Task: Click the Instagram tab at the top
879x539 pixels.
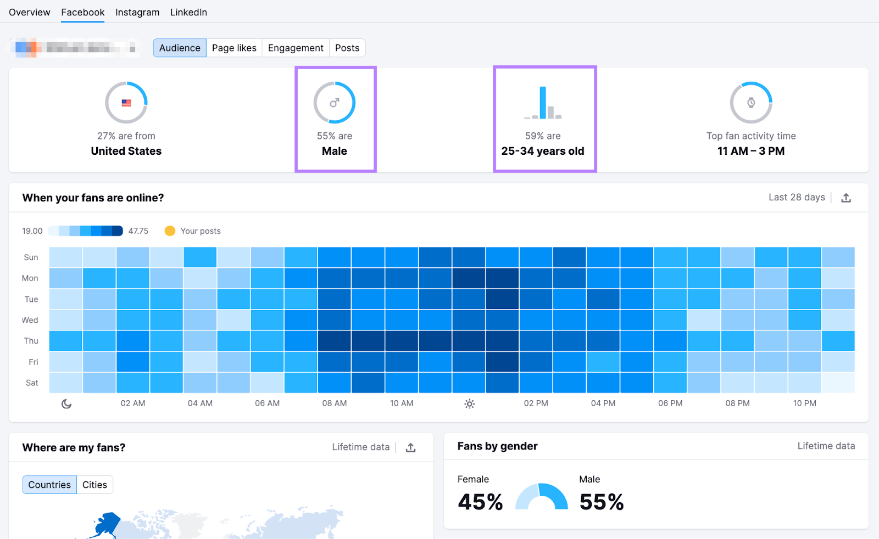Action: coord(137,12)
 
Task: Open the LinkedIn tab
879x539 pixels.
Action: coord(188,12)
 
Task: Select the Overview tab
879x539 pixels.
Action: coord(29,12)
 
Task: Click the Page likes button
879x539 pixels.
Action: coord(234,48)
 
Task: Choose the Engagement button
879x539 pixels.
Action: coord(296,48)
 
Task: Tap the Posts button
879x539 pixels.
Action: coord(347,48)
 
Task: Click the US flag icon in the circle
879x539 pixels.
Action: coord(126,103)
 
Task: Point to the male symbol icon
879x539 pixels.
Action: coord(335,103)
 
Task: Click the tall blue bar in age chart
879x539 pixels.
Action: coord(543,103)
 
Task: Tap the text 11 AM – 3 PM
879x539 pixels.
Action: coord(750,151)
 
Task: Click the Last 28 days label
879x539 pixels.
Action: coord(797,197)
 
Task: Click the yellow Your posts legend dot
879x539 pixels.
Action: coord(170,231)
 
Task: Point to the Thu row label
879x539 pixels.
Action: coord(31,341)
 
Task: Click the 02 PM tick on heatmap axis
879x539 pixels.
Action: coord(536,403)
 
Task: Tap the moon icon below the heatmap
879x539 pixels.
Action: coord(66,403)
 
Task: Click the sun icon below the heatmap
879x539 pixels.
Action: coord(469,403)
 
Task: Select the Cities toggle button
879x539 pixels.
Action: coord(94,485)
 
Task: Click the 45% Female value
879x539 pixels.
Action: coord(480,502)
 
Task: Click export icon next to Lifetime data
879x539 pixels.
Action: coord(410,447)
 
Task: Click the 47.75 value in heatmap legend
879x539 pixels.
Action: coord(138,231)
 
